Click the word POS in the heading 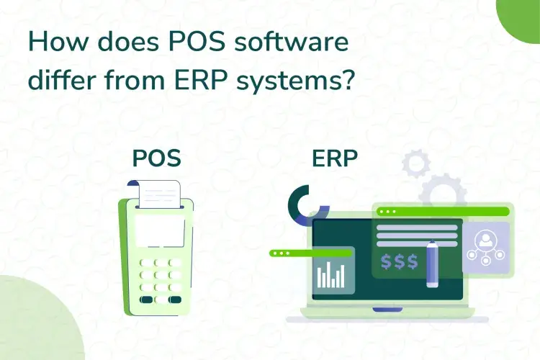pyautogui.click(x=197, y=42)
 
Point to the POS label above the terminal pyautogui.click(x=157, y=158)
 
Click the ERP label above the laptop pyautogui.click(x=335, y=158)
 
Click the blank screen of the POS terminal pyautogui.click(x=160, y=230)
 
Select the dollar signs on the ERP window pyautogui.click(x=400, y=261)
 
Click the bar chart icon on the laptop pyautogui.click(x=330, y=275)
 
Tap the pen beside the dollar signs pyautogui.click(x=432, y=264)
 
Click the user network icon pyautogui.click(x=485, y=247)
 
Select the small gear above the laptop pyautogui.click(x=416, y=163)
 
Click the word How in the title pyautogui.click(x=56, y=42)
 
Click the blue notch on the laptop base pyautogui.click(x=388, y=310)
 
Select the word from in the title pyautogui.click(x=135, y=80)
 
